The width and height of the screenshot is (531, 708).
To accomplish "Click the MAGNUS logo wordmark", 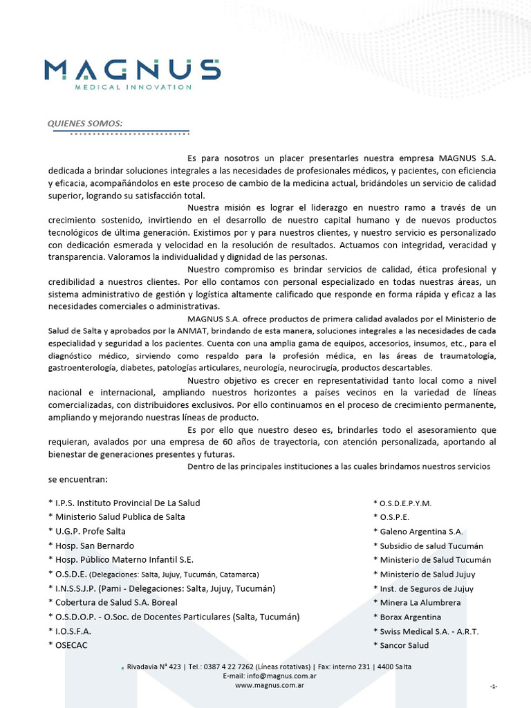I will coord(132,69).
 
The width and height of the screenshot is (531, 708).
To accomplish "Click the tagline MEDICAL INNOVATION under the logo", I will coord(133,87).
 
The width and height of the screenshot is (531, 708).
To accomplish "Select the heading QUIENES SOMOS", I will coord(84,123).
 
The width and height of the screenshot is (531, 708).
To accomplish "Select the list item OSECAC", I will coord(68,645).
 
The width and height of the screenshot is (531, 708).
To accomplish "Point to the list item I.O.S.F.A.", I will coord(70,631).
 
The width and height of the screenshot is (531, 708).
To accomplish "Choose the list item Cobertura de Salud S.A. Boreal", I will coord(113,602).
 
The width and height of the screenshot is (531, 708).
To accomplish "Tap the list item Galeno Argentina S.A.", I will coord(418,532).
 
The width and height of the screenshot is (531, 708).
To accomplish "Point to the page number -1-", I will coord(494,686).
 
